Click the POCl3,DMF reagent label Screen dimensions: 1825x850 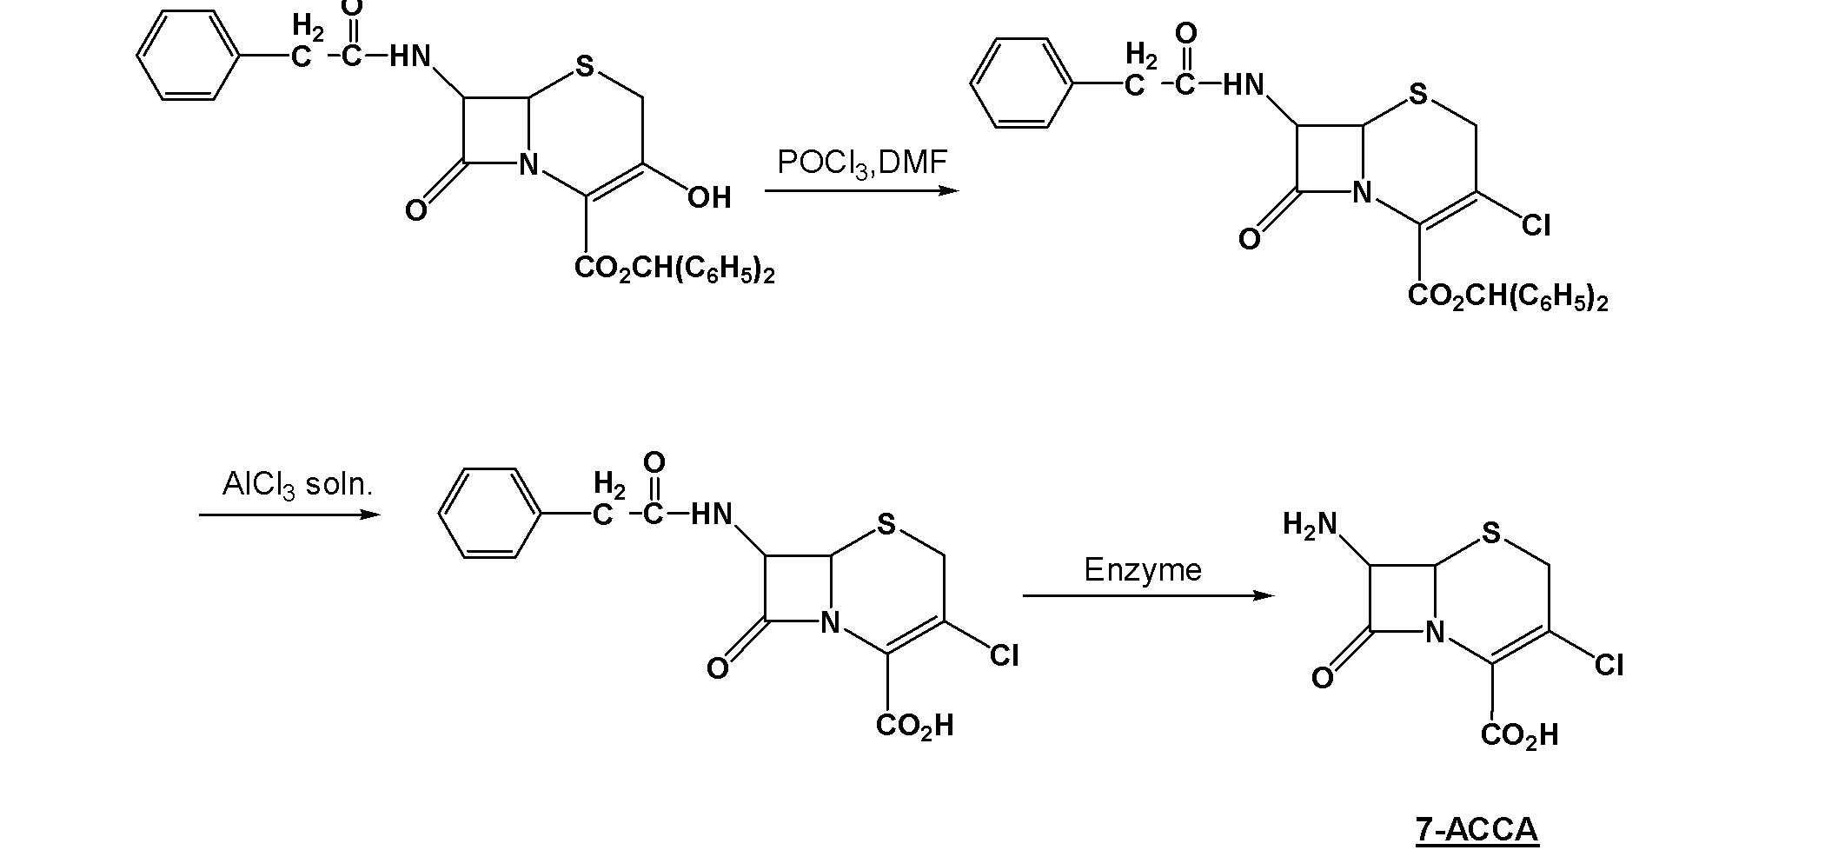click(x=861, y=163)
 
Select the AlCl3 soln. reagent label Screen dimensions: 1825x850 click(x=297, y=485)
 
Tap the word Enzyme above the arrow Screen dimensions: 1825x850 click(x=1142, y=569)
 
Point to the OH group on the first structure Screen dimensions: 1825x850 click(x=709, y=197)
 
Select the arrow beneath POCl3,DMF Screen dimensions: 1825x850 click(x=862, y=190)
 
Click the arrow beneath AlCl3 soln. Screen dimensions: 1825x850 click(x=290, y=515)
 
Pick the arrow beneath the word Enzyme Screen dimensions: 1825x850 click(x=1148, y=595)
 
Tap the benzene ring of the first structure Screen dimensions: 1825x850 click(x=188, y=56)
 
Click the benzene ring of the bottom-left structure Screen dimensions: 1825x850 click(x=490, y=513)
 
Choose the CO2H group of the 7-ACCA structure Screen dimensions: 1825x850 click(x=1520, y=736)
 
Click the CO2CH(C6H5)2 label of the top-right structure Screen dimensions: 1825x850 click(x=1508, y=298)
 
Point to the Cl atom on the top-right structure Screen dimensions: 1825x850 click(x=1536, y=226)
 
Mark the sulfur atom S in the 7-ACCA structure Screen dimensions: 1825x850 click(x=1491, y=533)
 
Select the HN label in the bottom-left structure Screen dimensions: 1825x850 click(x=712, y=515)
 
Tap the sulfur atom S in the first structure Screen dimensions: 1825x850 click(x=585, y=66)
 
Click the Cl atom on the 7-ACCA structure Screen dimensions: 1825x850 click(x=1609, y=666)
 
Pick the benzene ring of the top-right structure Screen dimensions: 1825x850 click(x=1022, y=83)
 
